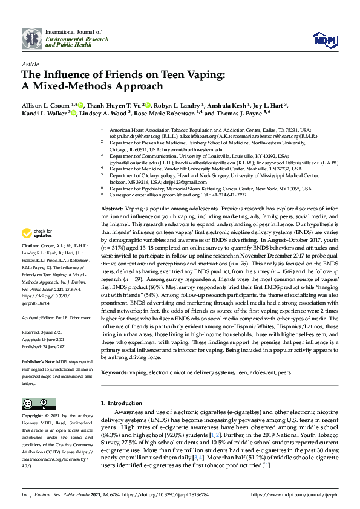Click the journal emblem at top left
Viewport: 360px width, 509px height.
(x=31, y=37)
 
